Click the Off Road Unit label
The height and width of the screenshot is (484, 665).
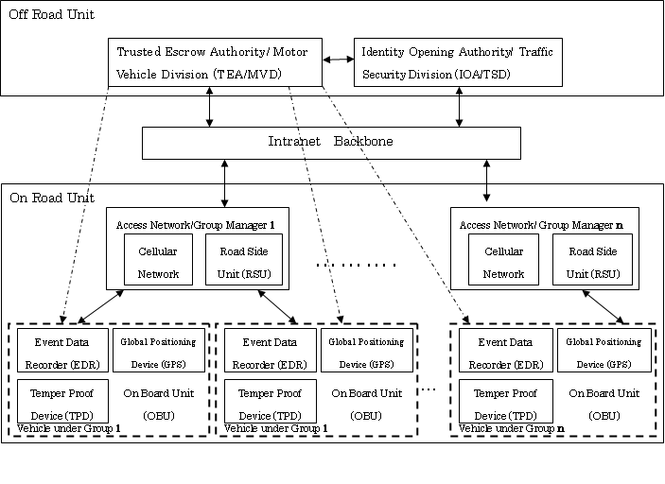[52, 15]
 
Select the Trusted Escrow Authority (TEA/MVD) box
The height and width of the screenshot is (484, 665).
[215, 62]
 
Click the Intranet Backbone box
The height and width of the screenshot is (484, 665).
[331, 142]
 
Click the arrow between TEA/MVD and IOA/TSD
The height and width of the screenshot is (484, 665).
[338, 60]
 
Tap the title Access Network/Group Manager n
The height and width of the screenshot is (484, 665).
[541, 224]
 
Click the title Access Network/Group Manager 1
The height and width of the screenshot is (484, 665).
[196, 224]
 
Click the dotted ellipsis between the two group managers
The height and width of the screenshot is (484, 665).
[355, 266]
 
